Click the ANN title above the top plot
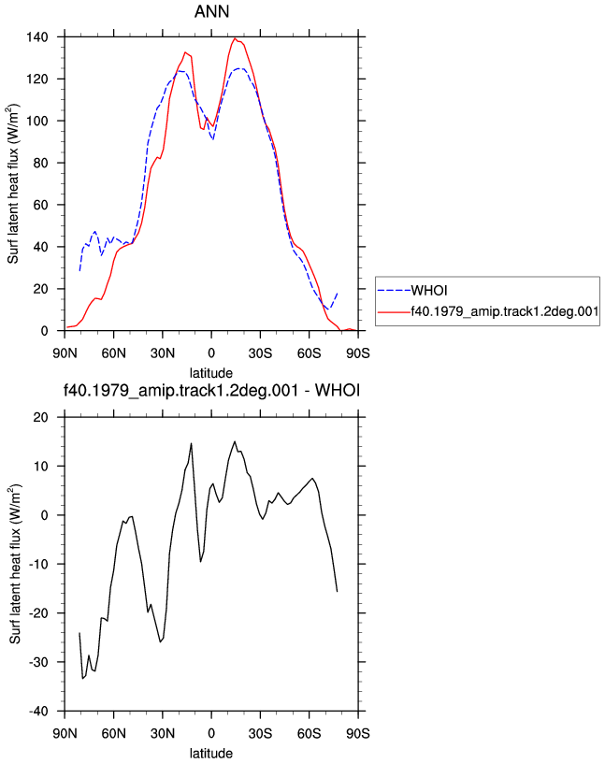pos(211,11)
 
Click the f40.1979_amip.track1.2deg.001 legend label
pos(505,311)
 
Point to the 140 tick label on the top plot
pos(37,37)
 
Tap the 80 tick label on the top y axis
pos(41,163)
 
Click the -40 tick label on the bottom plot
pos(38,711)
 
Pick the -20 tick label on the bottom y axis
pos(38,613)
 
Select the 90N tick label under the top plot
pos(65,353)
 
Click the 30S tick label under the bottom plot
pos(260,733)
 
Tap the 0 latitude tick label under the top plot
pos(211,353)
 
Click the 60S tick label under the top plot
pos(310,353)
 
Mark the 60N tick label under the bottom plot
pos(113,733)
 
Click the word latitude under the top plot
pos(211,373)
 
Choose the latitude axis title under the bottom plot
pos(211,754)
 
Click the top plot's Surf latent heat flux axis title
pos(13,183)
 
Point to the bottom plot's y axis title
pos(14,564)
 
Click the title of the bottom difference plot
pos(211,390)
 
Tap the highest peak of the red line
pos(235,38)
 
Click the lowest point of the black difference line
pos(82,678)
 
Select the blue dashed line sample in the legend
pos(394,291)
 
